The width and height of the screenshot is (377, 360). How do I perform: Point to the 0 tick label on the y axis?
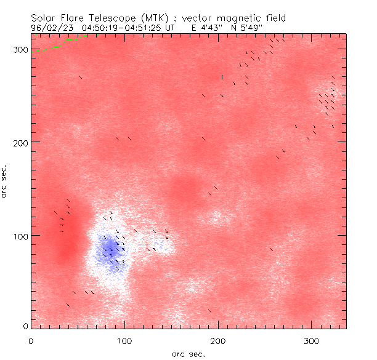[24, 326]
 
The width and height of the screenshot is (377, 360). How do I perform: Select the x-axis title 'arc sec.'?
[188, 354]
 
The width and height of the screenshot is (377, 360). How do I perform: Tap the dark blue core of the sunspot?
[110, 249]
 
